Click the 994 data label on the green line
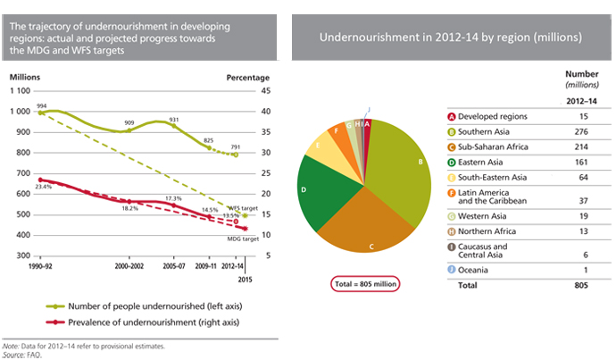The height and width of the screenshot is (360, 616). coord(41,105)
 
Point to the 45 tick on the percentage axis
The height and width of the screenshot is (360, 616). coord(265,91)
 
